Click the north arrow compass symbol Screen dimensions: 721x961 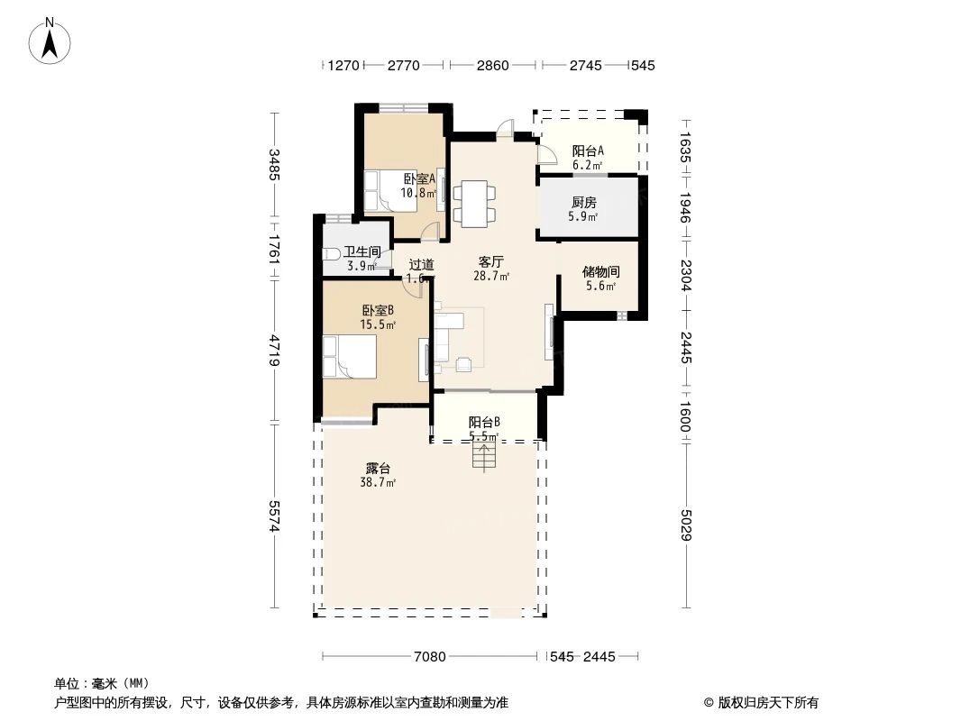(x=51, y=41)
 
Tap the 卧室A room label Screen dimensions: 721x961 (x=419, y=179)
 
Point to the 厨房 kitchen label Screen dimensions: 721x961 (x=583, y=203)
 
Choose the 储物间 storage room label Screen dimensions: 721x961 (x=600, y=271)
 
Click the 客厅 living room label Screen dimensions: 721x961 (x=490, y=261)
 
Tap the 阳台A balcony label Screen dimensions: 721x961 (x=588, y=151)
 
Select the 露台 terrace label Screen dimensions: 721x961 (x=378, y=469)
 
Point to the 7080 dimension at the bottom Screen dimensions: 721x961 (x=431, y=657)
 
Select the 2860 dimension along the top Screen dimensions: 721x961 (x=492, y=65)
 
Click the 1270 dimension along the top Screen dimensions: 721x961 (x=343, y=65)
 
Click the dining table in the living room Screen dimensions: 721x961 (x=473, y=203)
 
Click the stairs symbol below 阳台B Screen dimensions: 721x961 (x=483, y=457)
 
